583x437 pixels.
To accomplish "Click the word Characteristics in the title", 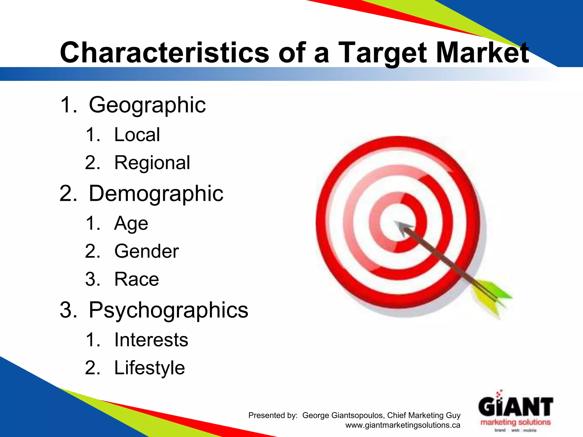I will pyautogui.click(x=164, y=53).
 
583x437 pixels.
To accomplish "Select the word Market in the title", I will pyautogui.click(x=482, y=53).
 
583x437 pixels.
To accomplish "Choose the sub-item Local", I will pyautogui.click(x=137, y=135).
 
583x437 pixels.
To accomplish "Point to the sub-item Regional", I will pyautogui.click(x=152, y=163).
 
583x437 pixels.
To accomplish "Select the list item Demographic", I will pyautogui.click(x=156, y=193).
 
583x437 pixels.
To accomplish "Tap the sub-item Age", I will pyautogui.click(x=131, y=224).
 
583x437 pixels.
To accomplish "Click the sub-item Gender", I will pyautogui.click(x=146, y=251).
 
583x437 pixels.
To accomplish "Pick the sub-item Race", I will pyautogui.click(x=136, y=279).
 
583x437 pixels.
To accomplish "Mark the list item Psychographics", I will pyautogui.click(x=168, y=310).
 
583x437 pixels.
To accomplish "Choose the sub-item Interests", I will pyautogui.click(x=151, y=340).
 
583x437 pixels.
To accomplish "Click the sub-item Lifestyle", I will pyautogui.click(x=149, y=368).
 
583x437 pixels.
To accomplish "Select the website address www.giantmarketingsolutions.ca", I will pyautogui.click(x=403, y=425).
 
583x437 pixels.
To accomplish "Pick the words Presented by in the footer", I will pyautogui.click(x=273, y=415).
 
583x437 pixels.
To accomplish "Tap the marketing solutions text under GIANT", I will pyautogui.click(x=516, y=422).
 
